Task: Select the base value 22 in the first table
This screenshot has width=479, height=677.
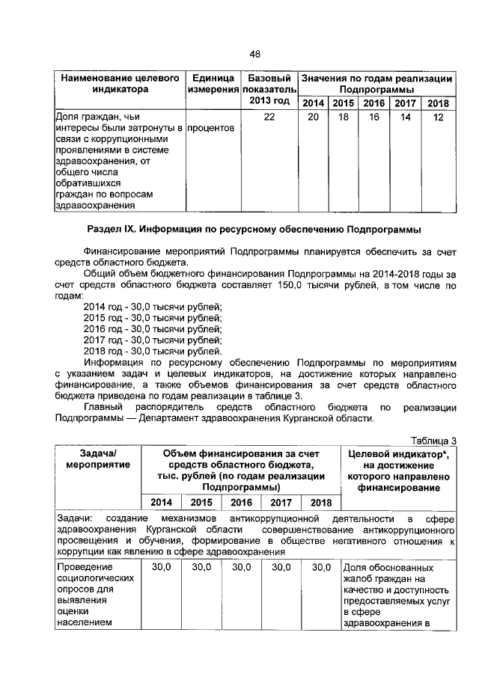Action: [x=269, y=117]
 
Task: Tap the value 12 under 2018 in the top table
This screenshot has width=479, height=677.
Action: [x=439, y=117]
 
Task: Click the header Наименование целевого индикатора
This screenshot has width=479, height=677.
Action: [x=119, y=84]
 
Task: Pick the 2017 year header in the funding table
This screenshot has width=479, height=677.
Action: [x=281, y=503]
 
